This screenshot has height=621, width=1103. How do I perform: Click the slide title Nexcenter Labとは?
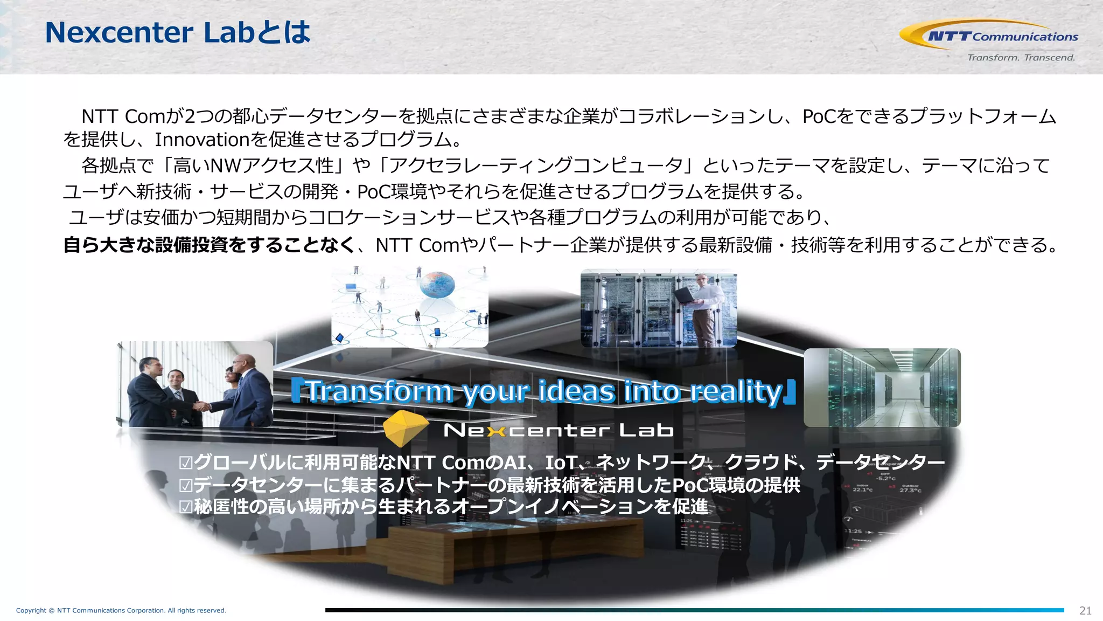click(178, 32)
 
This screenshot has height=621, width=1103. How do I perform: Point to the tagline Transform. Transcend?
click(1021, 58)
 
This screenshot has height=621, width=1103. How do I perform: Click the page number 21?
click(1085, 610)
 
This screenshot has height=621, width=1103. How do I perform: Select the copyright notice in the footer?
click(121, 610)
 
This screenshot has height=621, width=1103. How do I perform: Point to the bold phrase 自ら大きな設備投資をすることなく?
click(209, 245)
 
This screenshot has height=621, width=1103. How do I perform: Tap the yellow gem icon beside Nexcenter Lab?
click(405, 428)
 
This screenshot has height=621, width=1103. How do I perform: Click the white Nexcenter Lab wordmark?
click(559, 430)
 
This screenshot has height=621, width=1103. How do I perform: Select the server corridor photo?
click(882, 387)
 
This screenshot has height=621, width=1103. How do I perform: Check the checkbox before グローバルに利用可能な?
click(186, 463)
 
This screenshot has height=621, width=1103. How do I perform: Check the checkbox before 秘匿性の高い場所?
click(186, 507)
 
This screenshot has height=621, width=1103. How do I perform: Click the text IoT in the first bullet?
click(561, 463)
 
